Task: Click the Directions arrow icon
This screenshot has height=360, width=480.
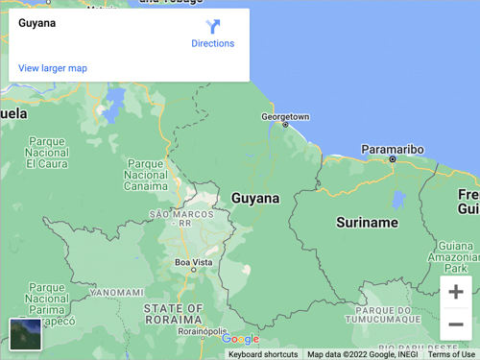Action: pos(213,27)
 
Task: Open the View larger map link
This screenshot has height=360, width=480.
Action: pos(53,68)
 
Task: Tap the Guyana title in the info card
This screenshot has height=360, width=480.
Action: pos(37,23)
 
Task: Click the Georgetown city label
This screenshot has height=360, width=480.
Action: pos(285,117)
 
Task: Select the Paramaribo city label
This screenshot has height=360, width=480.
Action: pos(392,150)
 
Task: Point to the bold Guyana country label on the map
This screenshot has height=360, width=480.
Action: pos(255,199)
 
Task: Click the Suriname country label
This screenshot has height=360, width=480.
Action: pos(367,223)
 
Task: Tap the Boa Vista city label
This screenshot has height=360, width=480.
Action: pos(193,262)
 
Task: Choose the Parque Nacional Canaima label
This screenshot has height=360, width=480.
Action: pos(146,175)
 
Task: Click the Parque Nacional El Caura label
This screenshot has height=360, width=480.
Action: pos(47,153)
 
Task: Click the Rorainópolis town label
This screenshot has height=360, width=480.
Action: pos(203,331)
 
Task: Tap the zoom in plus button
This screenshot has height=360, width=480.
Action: pos(456,292)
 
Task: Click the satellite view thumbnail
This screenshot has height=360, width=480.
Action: pos(25,335)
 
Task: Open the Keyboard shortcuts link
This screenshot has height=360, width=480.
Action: pos(263,354)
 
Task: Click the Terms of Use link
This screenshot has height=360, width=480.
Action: pos(451,354)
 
